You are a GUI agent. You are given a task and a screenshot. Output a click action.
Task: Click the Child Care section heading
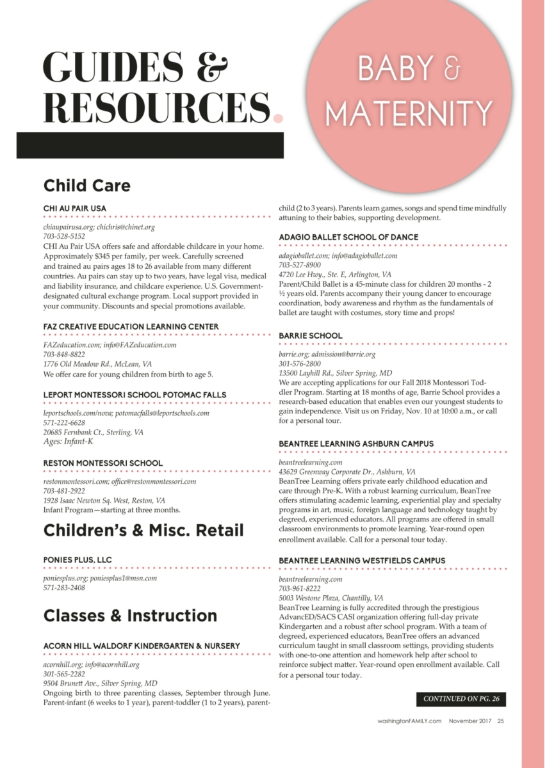tap(86, 186)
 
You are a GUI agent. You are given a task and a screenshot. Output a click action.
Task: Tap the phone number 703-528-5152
tap(64, 236)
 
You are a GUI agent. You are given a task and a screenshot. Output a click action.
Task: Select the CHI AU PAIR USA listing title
tap(75, 208)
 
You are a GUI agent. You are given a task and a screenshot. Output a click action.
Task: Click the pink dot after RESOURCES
tap(278, 117)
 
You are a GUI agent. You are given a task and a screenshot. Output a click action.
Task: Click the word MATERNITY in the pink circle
tap(408, 113)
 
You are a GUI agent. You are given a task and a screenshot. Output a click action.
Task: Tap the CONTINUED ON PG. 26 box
tap(461, 699)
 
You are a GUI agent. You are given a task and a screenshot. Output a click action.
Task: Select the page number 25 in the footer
tap(501, 721)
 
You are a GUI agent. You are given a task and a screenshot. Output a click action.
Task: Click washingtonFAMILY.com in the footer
tap(409, 721)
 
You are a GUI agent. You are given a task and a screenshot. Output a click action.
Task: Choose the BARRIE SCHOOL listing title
tap(311, 335)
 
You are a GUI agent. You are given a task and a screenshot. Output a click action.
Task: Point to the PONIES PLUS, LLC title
tap(78, 559)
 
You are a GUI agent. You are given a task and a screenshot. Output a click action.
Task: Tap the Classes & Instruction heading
tap(130, 616)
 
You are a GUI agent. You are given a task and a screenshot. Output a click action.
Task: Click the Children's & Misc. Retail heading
tap(143, 530)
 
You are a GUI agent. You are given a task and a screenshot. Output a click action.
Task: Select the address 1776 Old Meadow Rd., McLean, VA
tap(97, 364)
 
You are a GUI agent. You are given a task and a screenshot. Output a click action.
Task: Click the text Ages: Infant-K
tap(68, 441)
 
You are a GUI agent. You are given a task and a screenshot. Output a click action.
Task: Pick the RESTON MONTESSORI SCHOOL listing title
tap(103, 463)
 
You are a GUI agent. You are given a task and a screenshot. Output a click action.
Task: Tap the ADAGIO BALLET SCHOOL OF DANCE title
tap(348, 237)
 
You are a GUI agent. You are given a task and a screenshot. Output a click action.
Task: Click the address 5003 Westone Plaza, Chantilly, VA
tap(331, 598)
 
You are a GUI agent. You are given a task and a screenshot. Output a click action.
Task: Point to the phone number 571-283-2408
tap(64, 588)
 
